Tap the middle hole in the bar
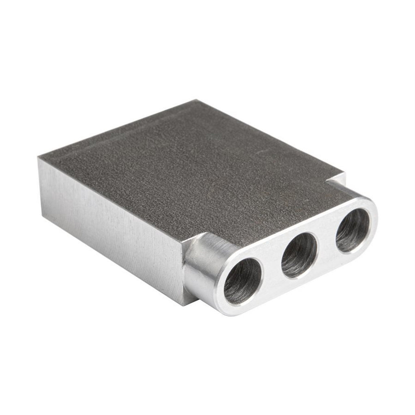[299, 255]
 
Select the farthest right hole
[352, 231]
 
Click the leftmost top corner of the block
[39, 158]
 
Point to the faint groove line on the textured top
[122, 134]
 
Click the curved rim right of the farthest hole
[374, 221]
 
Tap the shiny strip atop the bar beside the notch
[344, 190]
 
